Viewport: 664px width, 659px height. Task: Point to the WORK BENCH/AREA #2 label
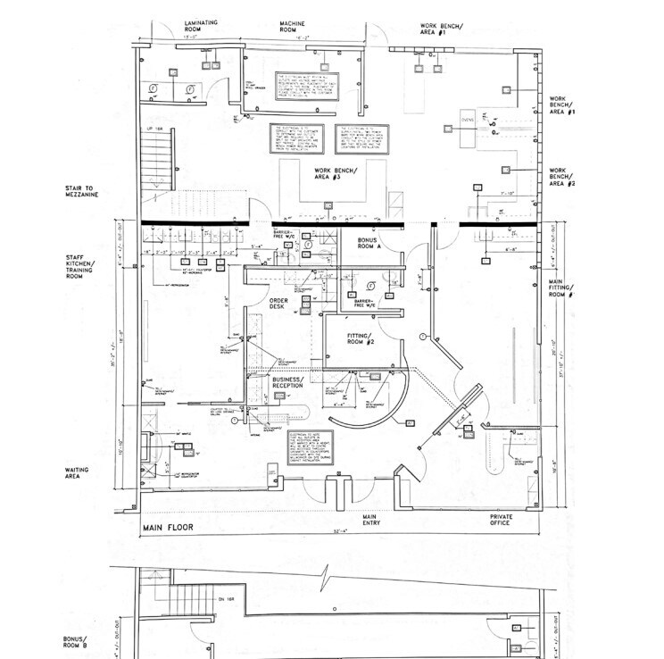coord(562,176)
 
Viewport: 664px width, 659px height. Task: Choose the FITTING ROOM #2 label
coord(361,338)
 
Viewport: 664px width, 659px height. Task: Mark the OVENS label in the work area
coord(468,119)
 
